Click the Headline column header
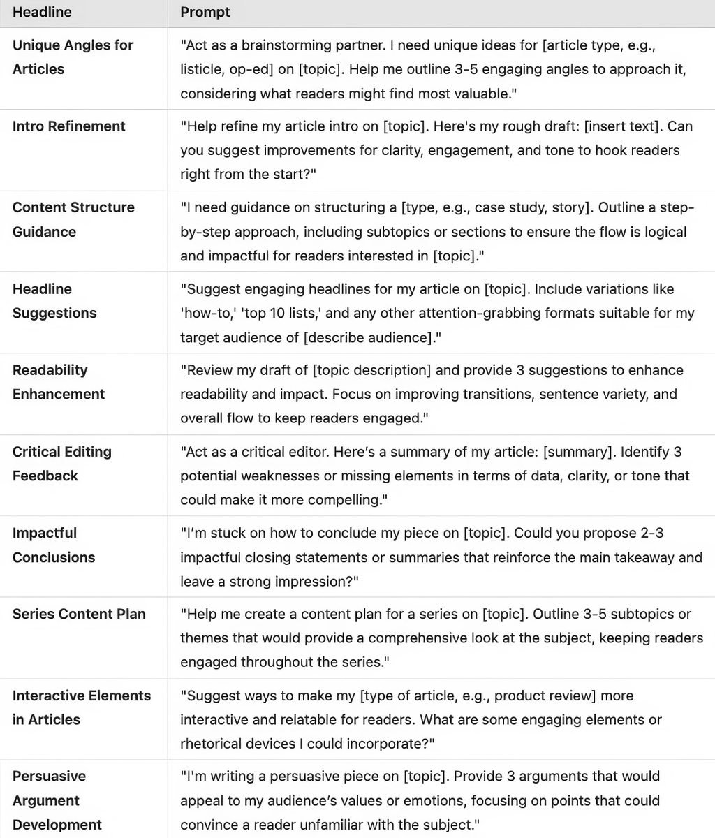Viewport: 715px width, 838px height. coord(42,13)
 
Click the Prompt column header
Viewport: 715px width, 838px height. coord(205,13)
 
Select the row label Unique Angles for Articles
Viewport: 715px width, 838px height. coord(73,57)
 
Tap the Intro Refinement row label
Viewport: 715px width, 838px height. coord(69,126)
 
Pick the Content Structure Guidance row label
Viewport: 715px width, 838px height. coord(73,219)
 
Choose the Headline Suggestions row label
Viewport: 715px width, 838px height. coord(54,301)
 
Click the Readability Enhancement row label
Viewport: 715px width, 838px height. coord(59,382)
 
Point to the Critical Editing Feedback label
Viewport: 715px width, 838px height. coord(61,464)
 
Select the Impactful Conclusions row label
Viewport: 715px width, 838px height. coord(54,545)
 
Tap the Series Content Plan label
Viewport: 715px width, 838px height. coord(79,615)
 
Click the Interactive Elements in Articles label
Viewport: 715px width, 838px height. coord(81,707)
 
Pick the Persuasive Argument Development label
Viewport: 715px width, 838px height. coord(57,800)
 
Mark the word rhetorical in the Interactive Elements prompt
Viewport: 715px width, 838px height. coord(214,744)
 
